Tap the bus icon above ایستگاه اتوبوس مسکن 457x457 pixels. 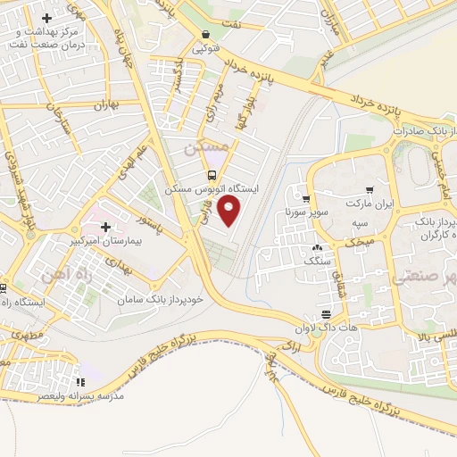tap(212, 175)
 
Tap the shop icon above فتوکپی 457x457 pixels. tap(206, 37)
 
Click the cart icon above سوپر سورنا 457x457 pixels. tap(307, 200)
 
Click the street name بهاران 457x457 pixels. tap(106, 105)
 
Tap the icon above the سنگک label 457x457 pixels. tap(318, 247)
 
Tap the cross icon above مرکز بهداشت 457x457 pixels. tap(46, 18)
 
